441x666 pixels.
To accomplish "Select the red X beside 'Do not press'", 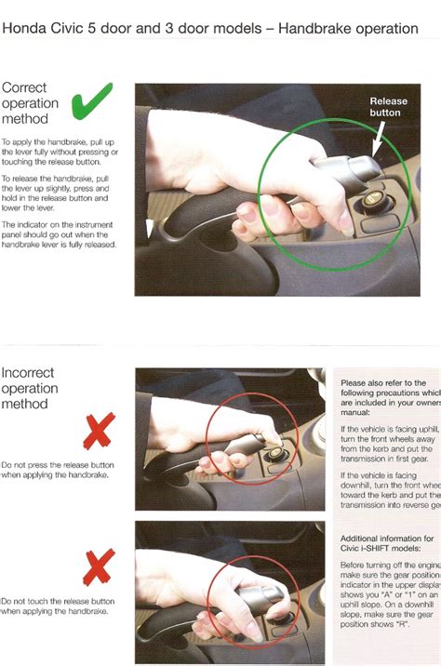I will point(99,432).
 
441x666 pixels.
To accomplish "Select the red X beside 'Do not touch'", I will point(99,567).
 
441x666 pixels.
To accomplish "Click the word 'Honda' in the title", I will point(27,29).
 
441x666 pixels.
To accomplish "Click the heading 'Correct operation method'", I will point(30,103).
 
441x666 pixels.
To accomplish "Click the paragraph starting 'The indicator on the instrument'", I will point(60,239).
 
